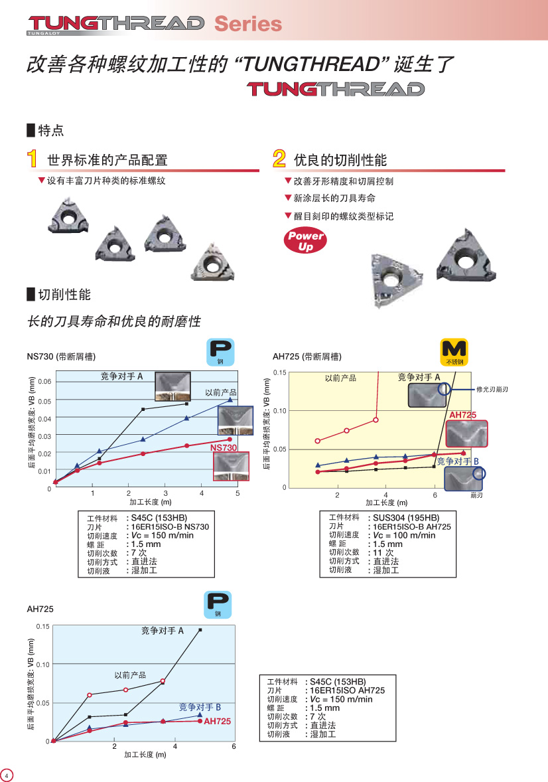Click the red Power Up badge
pyautogui.click(x=305, y=240)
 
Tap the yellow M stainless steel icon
pyautogui.click(x=454, y=352)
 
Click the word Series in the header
pyautogui.click(x=248, y=23)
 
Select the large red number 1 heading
pyautogui.click(x=32, y=159)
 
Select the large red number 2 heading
pyautogui.click(x=279, y=159)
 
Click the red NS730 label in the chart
pyautogui.click(x=224, y=447)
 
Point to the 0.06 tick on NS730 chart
pyautogui.click(x=45, y=382)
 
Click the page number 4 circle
pyautogui.click(x=7, y=775)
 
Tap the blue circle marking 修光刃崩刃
pyautogui.click(x=445, y=389)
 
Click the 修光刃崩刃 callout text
pyautogui.click(x=492, y=389)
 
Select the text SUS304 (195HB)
pyautogui.click(x=407, y=518)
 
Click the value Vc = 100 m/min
pyautogui.click(x=405, y=535)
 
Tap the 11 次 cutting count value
pyautogui.click(x=383, y=552)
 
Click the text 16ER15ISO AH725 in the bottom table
pyautogui.click(x=348, y=690)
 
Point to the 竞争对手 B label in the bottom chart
pyautogui.click(x=200, y=707)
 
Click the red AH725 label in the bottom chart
pyautogui.click(x=218, y=721)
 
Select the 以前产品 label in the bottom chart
pyautogui.click(x=130, y=674)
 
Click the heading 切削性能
pyautogui.click(x=64, y=295)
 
